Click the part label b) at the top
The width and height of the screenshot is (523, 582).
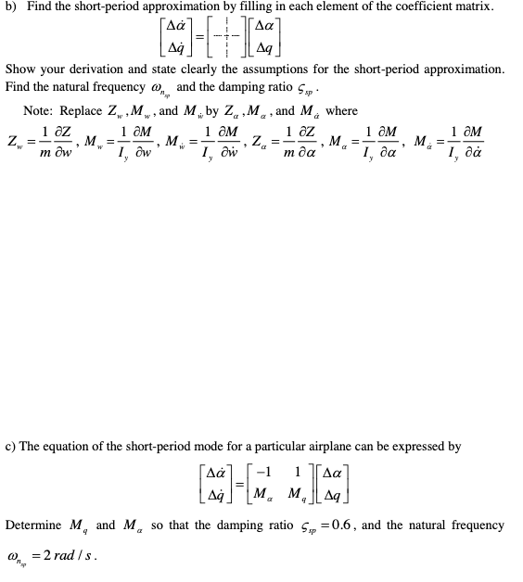(13, 6)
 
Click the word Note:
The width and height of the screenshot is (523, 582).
(38, 112)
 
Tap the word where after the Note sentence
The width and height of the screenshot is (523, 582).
(341, 112)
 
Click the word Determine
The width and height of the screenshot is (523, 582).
(35, 525)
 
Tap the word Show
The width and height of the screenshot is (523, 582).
(19, 70)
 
